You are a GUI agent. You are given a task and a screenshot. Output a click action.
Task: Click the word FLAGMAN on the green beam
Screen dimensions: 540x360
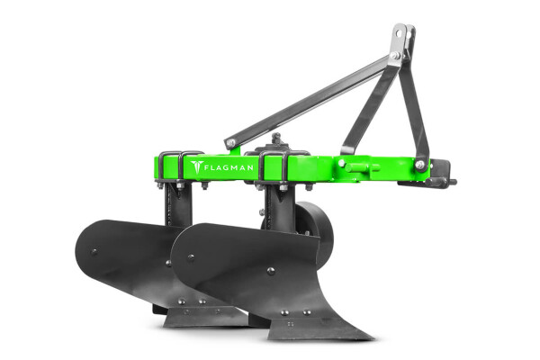[229, 167]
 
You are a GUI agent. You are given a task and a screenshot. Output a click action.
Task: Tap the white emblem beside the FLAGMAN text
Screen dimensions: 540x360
[197, 167]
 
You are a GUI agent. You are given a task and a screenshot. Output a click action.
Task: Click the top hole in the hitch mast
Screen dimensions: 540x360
[399, 33]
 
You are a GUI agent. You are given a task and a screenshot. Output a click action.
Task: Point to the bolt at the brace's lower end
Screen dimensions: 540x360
[230, 141]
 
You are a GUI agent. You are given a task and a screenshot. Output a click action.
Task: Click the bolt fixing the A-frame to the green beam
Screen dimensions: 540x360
[419, 165]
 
